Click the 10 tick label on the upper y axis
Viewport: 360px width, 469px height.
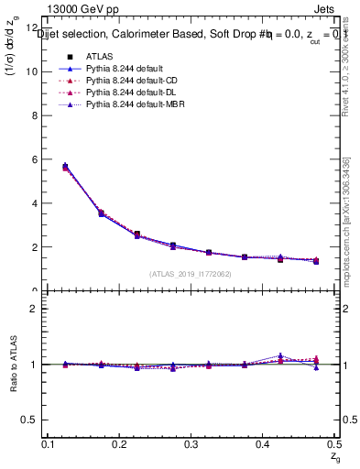[x=33, y=71]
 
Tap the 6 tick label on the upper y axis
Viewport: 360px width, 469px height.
[x=36, y=159]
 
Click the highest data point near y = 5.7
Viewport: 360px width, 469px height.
[x=64, y=167]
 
